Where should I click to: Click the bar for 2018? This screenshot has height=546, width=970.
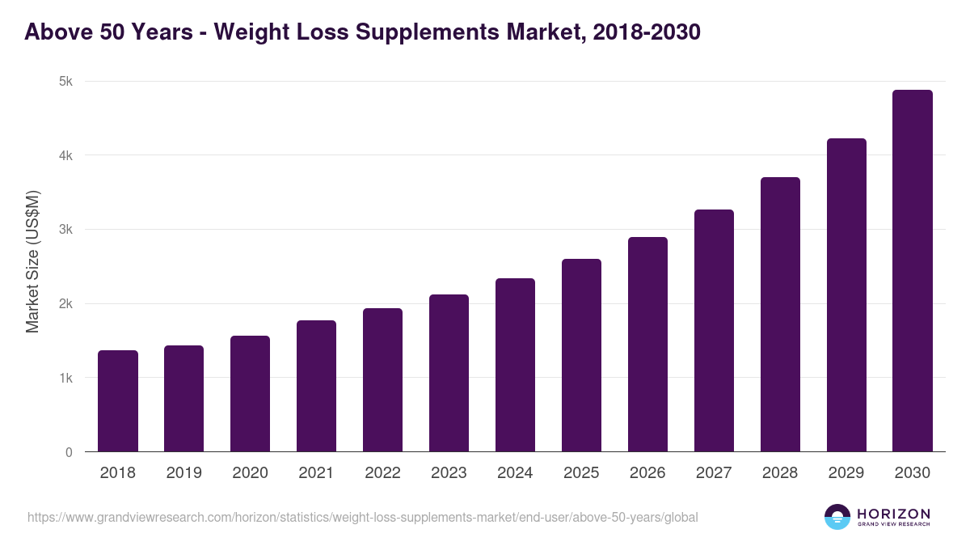(118, 401)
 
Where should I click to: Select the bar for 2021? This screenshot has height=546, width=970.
(316, 386)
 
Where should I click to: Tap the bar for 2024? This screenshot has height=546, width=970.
(515, 365)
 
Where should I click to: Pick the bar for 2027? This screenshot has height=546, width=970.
(714, 331)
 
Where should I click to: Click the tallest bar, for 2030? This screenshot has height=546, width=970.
(913, 271)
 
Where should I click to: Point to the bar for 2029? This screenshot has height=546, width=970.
(846, 295)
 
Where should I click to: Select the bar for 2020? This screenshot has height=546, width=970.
(250, 394)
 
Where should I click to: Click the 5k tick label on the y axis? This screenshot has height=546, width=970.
(65, 82)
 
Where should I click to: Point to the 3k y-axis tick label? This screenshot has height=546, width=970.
(65, 230)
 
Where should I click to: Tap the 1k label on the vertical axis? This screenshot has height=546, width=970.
(65, 379)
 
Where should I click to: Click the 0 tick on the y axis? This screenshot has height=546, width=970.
(69, 453)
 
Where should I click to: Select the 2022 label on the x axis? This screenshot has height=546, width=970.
(382, 473)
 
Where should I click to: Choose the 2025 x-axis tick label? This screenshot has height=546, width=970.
(581, 473)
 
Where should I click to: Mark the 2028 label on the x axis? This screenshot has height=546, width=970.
(780, 473)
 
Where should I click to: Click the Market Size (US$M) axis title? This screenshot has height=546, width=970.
(32, 260)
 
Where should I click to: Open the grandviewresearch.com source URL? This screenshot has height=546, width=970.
(362, 517)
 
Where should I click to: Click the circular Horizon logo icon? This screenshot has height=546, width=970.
(837, 517)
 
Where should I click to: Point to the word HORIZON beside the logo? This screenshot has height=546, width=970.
(893, 514)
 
